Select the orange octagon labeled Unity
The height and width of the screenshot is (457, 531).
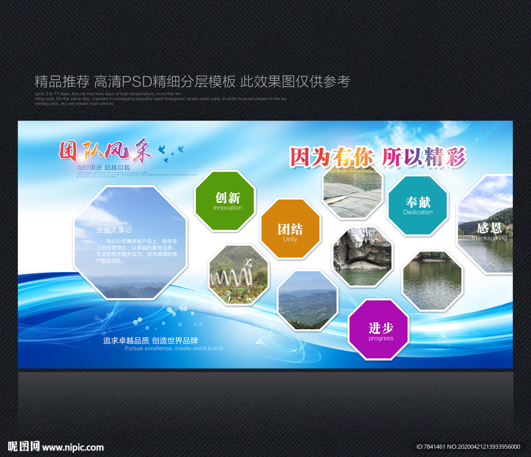[x=290, y=229]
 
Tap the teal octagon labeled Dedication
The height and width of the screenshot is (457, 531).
[x=417, y=205]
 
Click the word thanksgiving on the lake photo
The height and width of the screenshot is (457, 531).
[x=488, y=238]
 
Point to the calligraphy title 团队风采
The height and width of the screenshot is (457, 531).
[x=105, y=151]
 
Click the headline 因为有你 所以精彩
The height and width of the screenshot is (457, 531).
[x=378, y=157]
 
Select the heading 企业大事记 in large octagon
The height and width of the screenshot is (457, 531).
[x=114, y=229]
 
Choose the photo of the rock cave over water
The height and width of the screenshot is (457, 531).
[x=362, y=256]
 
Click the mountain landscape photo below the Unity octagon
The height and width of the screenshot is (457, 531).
[x=308, y=301]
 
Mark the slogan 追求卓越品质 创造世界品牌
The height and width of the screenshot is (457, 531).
[x=150, y=341]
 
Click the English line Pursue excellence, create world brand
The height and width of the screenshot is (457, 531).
[x=173, y=349]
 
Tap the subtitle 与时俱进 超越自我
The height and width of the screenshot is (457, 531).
[x=103, y=168]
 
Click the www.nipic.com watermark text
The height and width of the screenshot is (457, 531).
[x=73, y=447]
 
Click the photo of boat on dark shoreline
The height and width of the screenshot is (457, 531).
[x=353, y=189]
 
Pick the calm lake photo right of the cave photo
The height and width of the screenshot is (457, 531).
[x=432, y=281]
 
